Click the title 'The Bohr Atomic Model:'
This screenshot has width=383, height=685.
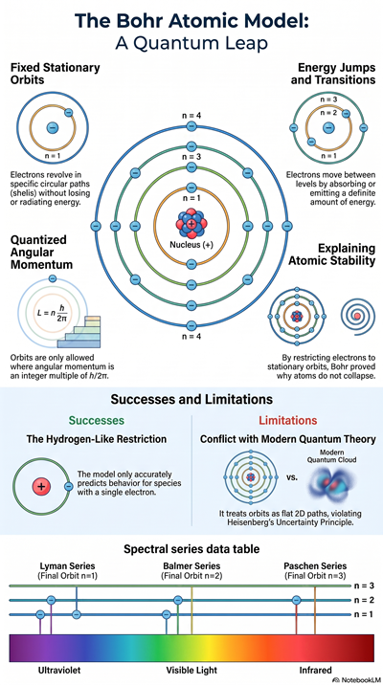191,21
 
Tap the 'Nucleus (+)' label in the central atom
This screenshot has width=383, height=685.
191,245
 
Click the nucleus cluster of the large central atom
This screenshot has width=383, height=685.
191,224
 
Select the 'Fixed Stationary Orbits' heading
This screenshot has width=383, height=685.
56,74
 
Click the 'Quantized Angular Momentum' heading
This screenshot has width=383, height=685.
41,253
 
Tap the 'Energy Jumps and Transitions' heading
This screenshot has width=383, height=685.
337,74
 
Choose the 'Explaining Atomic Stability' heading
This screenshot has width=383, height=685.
332,254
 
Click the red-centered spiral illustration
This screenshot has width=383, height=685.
357,315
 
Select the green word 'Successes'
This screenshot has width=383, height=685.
97,421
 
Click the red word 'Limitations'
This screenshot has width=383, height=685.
287,421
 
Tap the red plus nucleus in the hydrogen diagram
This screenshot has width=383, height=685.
41,486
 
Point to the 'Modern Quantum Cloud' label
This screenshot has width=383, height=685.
332,455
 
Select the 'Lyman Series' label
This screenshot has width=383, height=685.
67,565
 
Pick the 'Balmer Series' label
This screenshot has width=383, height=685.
191,565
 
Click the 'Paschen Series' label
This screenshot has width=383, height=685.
315,565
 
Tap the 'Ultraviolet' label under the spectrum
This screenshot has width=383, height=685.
59,670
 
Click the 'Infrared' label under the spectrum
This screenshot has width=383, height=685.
315,670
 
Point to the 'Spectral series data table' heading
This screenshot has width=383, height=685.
191,548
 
